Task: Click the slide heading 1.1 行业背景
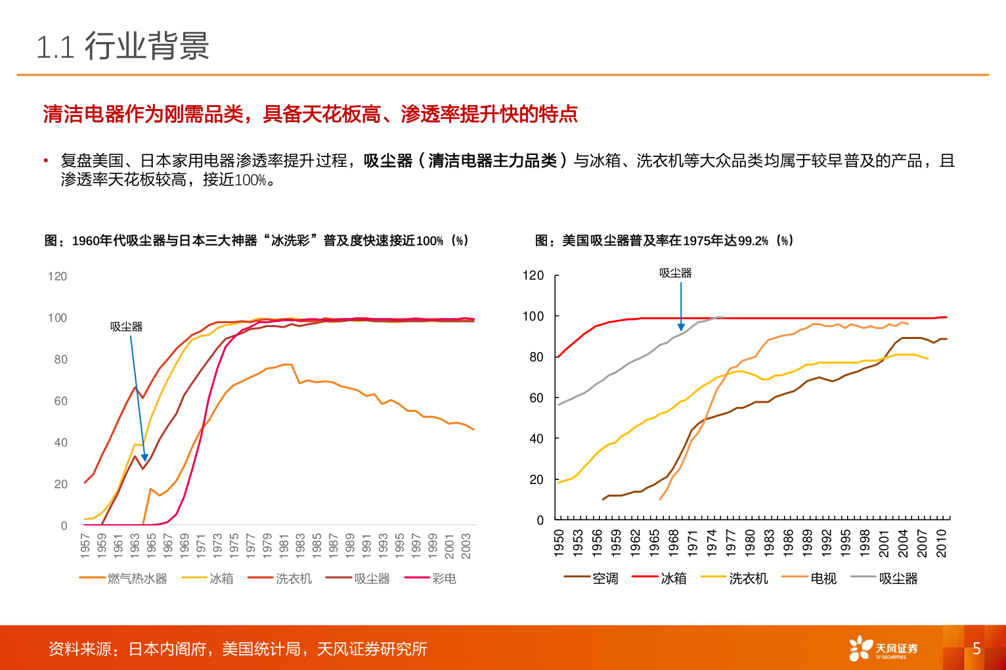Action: [x=123, y=47]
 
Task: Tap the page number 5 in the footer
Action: [x=976, y=649]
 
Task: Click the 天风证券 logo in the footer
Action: [x=883, y=648]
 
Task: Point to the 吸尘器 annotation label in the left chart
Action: [x=126, y=326]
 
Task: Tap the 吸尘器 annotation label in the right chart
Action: [x=675, y=273]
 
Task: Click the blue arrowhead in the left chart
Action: [x=144, y=457]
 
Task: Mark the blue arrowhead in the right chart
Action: [x=681, y=326]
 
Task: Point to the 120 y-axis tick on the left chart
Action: [x=57, y=277]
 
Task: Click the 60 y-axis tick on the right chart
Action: [x=536, y=398]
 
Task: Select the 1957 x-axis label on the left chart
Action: [x=85, y=546]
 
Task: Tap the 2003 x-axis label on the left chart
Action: [x=466, y=546]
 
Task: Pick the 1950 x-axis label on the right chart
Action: [x=559, y=543]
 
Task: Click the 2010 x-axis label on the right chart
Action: [x=942, y=543]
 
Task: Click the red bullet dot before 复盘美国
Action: [x=46, y=161]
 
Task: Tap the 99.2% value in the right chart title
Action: [x=753, y=241]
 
